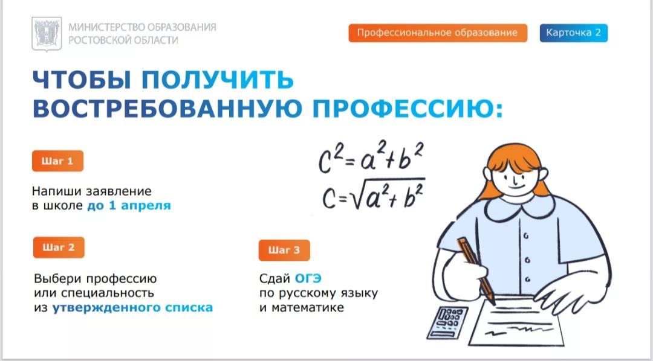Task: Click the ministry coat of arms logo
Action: point(47,34)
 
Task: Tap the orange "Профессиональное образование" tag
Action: point(438,33)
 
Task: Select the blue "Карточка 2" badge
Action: point(573,33)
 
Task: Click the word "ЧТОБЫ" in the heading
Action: point(82,80)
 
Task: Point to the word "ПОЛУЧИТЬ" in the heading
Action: point(218,80)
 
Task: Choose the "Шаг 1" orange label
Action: point(57,161)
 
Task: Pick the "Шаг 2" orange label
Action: point(59,248)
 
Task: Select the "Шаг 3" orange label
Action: point(284,251)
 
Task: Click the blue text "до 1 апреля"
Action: point(129,206)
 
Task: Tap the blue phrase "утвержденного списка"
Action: point(132,308)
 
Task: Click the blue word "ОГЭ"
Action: point(308,278)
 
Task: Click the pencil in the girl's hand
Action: point(476,270)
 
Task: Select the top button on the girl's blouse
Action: point(526,236)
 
